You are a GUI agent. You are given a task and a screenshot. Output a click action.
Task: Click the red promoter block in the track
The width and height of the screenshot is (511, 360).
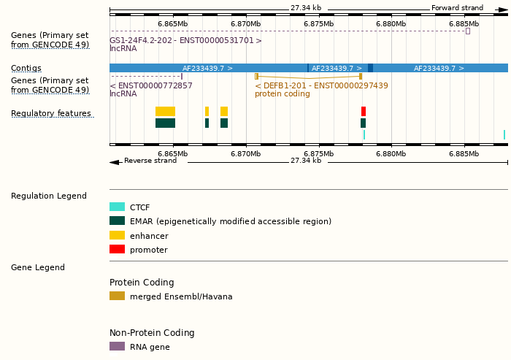pos(364,111)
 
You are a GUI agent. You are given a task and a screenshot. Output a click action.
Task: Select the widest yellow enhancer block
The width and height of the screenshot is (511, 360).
pos(165,111)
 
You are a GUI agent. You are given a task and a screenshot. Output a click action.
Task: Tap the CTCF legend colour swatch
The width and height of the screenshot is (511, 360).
pos(117,207)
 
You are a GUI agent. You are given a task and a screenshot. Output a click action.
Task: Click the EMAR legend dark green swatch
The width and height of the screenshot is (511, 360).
pos(117,221)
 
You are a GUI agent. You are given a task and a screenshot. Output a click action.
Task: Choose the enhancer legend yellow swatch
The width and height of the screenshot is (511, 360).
pos(117,236)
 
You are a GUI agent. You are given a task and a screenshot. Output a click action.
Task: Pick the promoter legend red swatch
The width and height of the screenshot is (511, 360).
pos(117,250)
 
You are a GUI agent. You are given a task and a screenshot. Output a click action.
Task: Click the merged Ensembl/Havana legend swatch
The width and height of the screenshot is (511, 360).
pos(117,296)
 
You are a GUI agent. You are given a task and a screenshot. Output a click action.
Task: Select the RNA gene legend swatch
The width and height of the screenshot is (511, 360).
pos(117,347)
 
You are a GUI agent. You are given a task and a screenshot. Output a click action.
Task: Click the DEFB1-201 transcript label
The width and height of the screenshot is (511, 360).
pos(321,85)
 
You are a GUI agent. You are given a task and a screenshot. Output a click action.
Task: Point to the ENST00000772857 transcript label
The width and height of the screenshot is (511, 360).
pos(151,85)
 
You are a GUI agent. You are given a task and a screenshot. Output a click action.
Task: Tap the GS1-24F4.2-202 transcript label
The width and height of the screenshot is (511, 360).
pos(185,40)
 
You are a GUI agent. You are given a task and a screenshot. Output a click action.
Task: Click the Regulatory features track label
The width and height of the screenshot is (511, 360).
pos(51,113)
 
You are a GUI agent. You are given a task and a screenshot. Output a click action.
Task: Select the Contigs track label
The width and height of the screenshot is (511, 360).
pos(26,68)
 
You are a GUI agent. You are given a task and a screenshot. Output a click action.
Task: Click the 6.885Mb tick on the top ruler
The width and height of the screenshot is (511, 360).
pos(464,23)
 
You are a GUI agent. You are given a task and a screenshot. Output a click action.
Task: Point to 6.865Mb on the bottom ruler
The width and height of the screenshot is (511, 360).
pos(173,153)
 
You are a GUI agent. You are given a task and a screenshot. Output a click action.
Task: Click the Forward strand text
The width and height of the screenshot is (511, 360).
pos(457,8)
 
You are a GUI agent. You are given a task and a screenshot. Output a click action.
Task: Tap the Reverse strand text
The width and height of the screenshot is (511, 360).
pos(150,161)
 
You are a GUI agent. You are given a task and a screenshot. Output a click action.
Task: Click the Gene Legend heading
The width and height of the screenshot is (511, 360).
pos(38,267)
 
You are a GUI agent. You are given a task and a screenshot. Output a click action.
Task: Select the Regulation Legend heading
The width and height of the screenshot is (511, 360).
pos(49,196)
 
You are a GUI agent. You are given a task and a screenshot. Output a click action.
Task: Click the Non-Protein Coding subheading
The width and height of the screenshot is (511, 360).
pos(152,333)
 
